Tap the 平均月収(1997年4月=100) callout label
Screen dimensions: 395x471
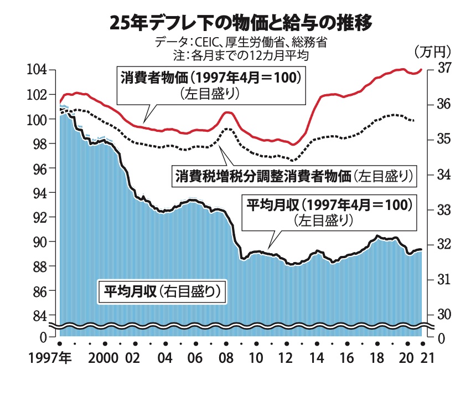coord(329,204)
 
